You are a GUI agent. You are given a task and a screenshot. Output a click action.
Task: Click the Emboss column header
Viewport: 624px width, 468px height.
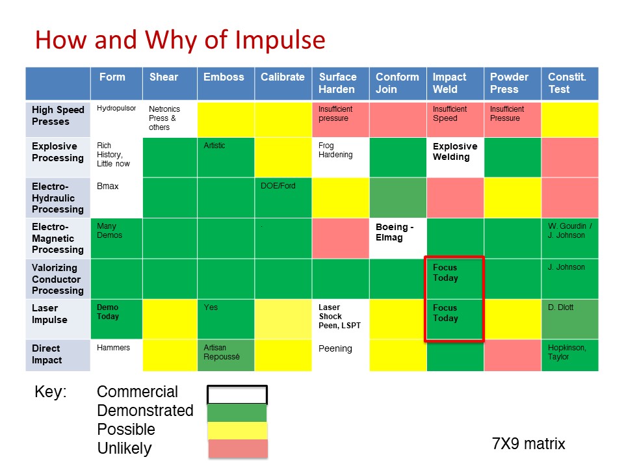(226, 84)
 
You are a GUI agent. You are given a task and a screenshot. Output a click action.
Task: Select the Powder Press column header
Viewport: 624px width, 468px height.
(512, 84)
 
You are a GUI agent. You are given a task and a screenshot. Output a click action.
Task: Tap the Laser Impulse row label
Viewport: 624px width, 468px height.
(58, 319)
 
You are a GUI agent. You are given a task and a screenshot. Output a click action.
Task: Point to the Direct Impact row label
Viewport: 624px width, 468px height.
(58, 356)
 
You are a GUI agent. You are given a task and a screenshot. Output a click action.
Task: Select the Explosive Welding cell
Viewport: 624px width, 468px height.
(455, 157)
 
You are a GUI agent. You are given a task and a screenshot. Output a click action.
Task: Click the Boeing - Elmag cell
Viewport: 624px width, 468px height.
(398, 239)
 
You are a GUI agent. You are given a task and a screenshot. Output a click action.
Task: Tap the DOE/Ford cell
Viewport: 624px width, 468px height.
(283, 198)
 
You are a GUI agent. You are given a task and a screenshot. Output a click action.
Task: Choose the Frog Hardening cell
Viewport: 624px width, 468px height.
(341, 157)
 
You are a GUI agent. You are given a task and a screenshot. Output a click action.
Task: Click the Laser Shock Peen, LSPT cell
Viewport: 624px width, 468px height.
(341, 319)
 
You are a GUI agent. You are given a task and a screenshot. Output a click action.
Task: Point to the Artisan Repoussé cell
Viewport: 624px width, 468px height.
(226, 356)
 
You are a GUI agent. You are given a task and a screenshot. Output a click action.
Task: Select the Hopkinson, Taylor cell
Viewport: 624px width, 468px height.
(570, 356)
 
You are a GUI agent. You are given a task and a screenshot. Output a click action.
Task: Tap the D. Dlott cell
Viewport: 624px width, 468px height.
(570, 319)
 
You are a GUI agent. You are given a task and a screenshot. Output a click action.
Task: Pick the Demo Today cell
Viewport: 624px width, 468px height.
(116, 319)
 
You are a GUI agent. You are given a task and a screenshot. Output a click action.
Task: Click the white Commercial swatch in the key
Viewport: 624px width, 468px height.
(237, 395)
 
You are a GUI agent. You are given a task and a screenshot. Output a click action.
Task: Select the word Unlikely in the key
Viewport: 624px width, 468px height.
(125, 448)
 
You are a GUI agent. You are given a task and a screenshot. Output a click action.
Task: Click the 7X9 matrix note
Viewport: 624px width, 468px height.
(528, 443)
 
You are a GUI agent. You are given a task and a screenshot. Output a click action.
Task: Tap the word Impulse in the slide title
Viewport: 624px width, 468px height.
(280, 40)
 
